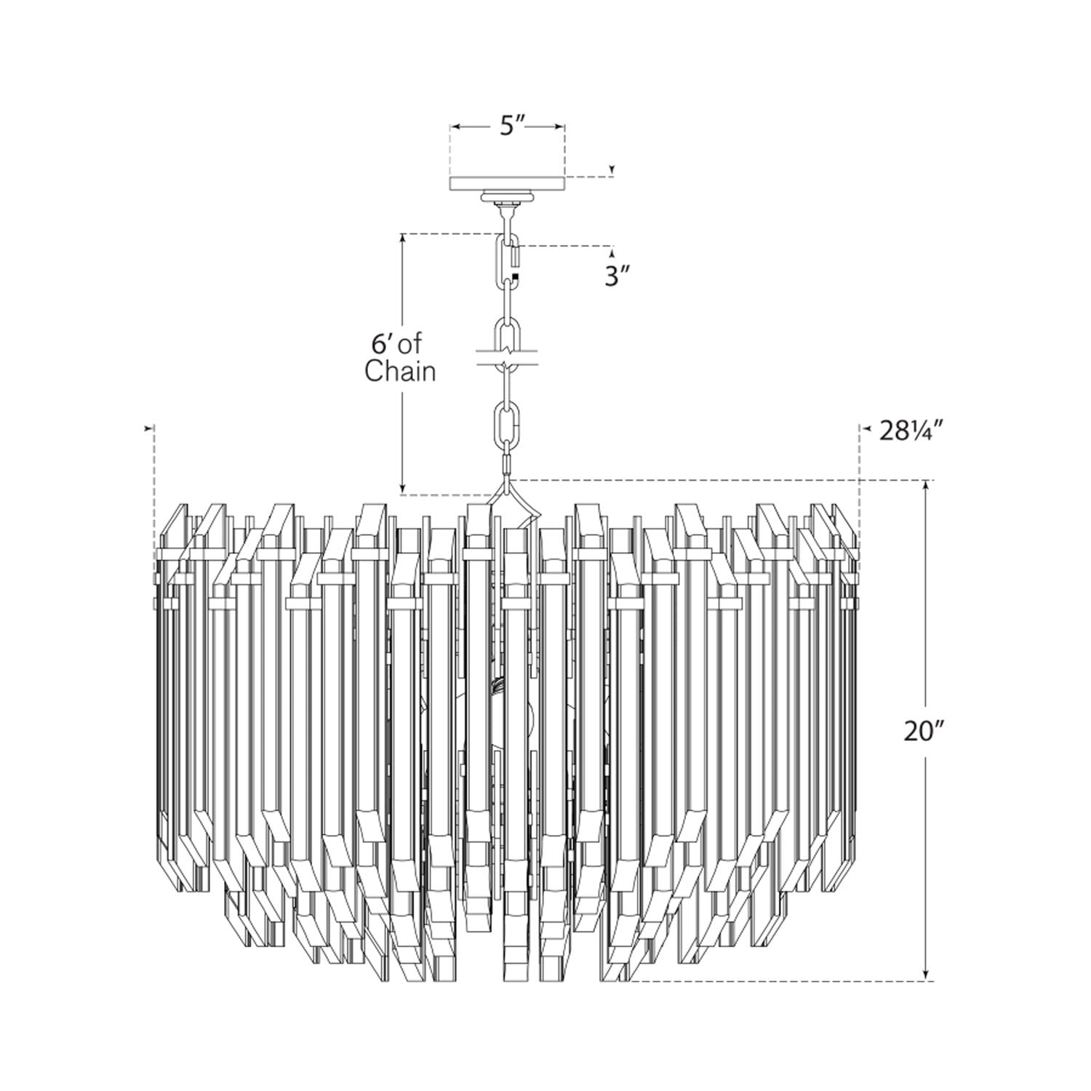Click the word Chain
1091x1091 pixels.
[400, 372]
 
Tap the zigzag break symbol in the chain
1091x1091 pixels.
[508, 356]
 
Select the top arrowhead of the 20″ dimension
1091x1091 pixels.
[925, 485]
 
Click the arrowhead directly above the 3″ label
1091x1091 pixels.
[612, 254]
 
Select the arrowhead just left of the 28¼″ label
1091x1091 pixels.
[867, 430]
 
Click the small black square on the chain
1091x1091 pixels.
[516, 276]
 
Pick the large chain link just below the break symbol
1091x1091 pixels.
[507, 423]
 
